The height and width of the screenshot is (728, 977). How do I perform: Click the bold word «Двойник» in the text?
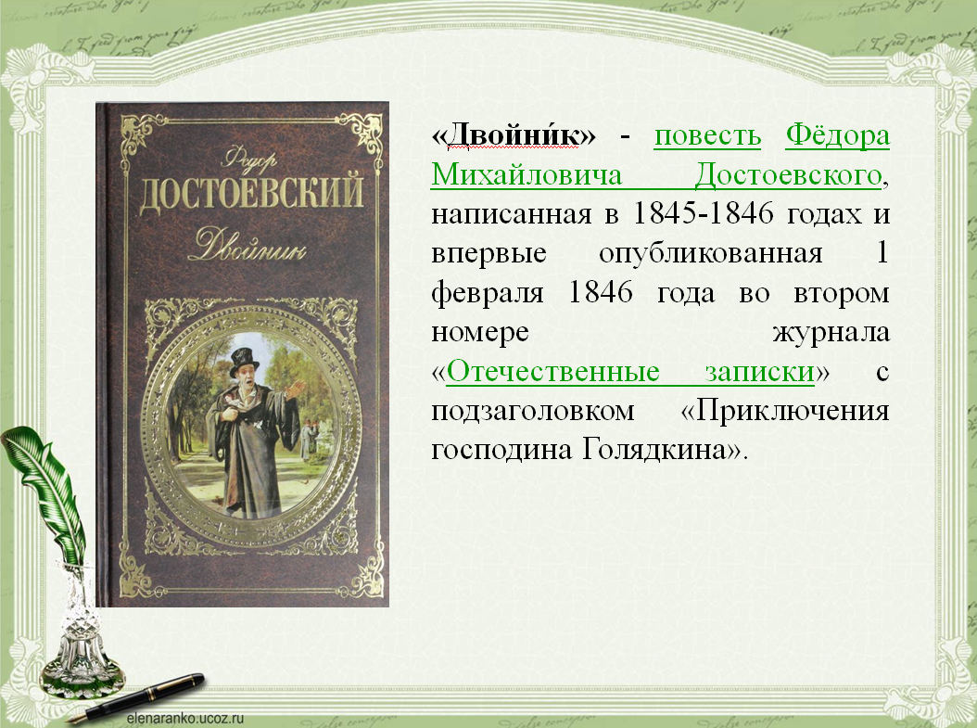pyautogui.click(x=514, y=134)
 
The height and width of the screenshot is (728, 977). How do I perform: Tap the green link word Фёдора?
pyautogui.click(x=837, y=135)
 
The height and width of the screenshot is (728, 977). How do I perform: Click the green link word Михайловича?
pyautogui.click(x=527, y=174)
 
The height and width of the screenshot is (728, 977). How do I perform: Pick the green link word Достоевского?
pyautogui.click(x=788, y=175)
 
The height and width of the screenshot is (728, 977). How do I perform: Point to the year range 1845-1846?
pyautogui.click(x=703, y=214)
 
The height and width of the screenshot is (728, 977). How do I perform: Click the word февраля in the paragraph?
pyautogui.click(x=488, y=293)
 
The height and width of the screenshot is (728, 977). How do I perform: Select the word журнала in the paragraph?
pyautogui.click(x=831, y=332)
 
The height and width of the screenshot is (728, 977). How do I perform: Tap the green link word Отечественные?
pyautogui.click(x=552, y=372)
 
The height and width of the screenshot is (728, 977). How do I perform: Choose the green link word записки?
pyautogui.click(x=759, y=372)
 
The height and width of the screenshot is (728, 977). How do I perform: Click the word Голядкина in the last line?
pyautogui.click(x=654, y=450)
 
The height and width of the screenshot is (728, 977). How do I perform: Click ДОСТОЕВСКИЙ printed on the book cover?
pyautogui.click(x=251, y=192)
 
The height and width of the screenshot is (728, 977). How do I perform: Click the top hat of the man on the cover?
pyautogui.click(x=244, y=361)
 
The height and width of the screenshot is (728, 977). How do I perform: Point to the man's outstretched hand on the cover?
pyautogui.click(x=297, y=389)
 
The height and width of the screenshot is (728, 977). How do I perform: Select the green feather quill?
pyautogui.click(x=44, y=492)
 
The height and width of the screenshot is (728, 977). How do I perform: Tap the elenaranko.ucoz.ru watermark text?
pyautogui.click(x=185, y=719)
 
